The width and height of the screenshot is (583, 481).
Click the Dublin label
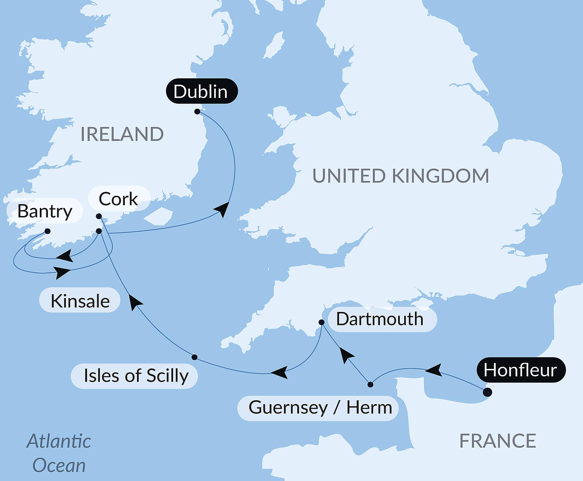201,91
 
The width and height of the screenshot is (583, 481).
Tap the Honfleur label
521,370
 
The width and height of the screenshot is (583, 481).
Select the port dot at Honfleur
487,392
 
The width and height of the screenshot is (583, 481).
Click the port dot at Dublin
197,111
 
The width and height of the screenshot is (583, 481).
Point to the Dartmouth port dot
322,322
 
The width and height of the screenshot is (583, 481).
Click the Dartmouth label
380,319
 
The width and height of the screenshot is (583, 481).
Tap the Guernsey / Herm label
320,407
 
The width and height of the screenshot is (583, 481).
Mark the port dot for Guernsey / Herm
370,384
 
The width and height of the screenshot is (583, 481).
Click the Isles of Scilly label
136,376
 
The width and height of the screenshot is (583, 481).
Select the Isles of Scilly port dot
194,357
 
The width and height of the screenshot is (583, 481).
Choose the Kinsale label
80,301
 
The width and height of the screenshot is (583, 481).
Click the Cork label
118,199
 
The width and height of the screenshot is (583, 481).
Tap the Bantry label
45,211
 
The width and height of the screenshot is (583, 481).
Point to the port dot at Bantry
48,231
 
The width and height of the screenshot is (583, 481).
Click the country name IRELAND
122,134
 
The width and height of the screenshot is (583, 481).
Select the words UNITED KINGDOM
400,176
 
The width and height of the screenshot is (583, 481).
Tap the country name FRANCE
498,441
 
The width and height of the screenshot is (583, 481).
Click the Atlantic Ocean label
59,453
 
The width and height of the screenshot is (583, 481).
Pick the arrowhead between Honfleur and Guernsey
434,370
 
